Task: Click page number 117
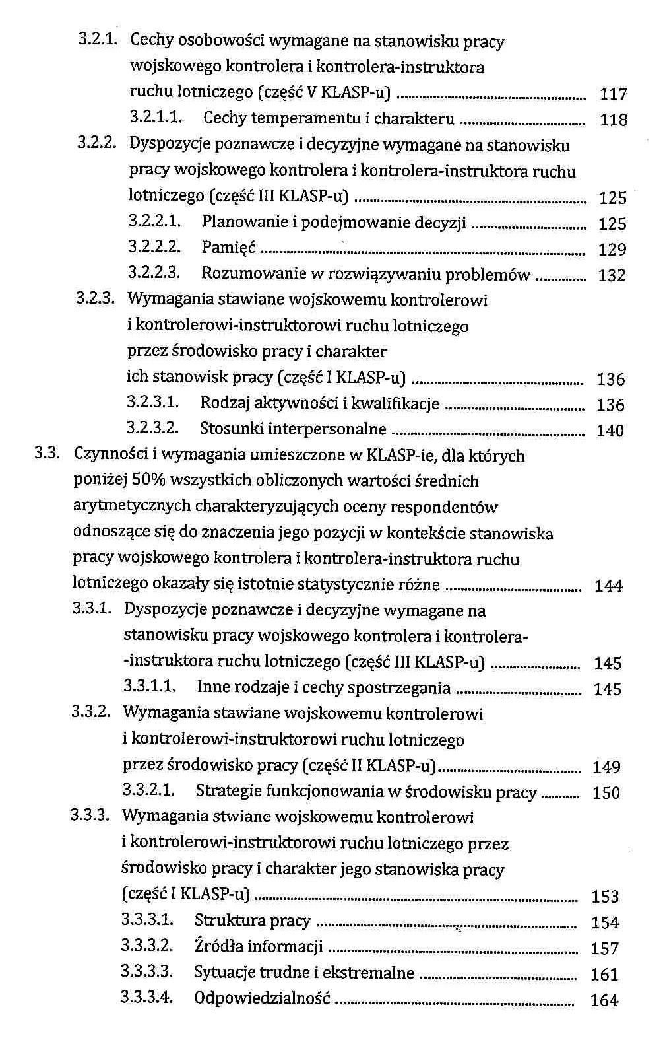point(613,94)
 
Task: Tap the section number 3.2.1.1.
point(156,118)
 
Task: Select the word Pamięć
point(228,248)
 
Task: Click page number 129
point(612,250)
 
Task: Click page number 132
point(612,275)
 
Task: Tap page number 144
point(608,586)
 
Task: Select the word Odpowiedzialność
point(262,998)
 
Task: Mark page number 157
point(605,949)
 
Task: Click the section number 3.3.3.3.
point(147,972)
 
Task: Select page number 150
point(606,793)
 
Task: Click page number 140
point(610,431)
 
